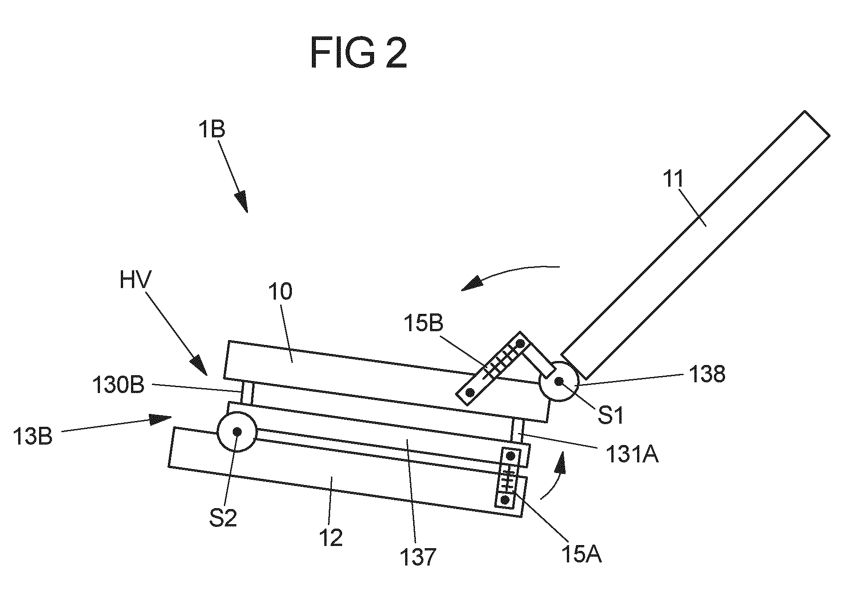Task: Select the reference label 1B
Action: point(212,130)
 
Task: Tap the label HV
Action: point(136,281)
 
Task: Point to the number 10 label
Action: point(280,292)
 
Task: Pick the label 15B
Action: point(423,324)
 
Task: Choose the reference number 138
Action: point(706,374)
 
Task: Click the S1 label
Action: point(611,415)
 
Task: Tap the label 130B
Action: point(118,385)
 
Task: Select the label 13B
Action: point(33,436)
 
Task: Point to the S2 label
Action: point(223,518)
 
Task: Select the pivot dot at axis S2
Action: point(237,431)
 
